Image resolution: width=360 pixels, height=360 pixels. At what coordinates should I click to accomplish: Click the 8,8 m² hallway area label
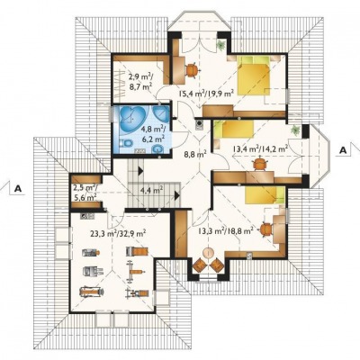click(194, 156)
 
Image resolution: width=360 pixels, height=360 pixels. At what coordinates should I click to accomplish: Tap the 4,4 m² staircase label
click(151, 190)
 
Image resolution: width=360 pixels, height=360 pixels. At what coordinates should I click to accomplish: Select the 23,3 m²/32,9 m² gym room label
click(118, 233)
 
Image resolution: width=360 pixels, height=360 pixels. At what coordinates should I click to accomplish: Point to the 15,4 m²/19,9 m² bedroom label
click(206, 94)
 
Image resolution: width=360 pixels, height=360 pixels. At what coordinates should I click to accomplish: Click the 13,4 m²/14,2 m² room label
click(261, 148)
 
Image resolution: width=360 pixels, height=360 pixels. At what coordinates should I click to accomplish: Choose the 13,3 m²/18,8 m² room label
click(226, 230)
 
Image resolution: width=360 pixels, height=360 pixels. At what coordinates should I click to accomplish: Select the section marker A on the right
click(345, 150)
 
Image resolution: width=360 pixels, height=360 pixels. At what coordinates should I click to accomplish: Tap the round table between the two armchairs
click(207, 253)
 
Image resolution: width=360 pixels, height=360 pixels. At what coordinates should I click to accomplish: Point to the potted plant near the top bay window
click(221, 45)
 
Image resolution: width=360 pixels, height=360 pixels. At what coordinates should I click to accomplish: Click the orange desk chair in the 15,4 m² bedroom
click(192, 70)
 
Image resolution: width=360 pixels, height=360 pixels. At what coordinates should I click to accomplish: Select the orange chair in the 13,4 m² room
click(259, 165)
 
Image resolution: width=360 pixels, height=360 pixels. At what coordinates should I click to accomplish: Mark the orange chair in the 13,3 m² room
click(265, 229)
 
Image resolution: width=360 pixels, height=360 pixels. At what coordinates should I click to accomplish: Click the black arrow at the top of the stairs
click(140, 171)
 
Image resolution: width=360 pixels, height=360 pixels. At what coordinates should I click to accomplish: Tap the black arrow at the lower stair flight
click(177, 196)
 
